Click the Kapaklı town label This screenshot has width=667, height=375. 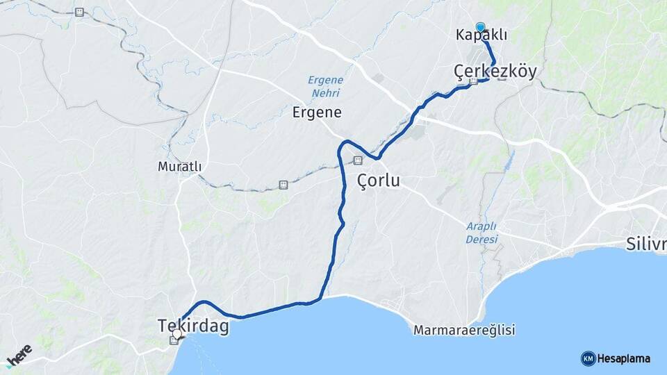pyautogui.click(x=481, y=35)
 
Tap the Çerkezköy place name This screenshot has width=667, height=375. pyautogui.click(x=495, y=71)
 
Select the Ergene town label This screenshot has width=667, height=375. pyautogui.click(x=316, y=112)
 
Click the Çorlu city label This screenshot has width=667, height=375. pyautogui.click(x=378, y=181)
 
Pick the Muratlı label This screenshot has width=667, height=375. pyautogui.click(x=179, y=167)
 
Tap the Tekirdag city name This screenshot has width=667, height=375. pyautogui.click(x=193, y=326)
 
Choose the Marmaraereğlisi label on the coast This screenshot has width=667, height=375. pyautogui.click(x=464, y=331)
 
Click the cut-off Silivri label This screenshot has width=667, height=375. pyautogui.click(x=645, y=244)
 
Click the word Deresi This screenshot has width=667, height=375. pyautogui.click(x=481, y=240)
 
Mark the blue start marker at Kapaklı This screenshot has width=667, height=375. pyautogui.click(x=480, y=26)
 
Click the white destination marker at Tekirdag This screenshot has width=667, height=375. pyautogui.click(x=177, y=333)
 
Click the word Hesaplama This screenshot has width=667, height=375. pyautogui.click(x=624, y=358)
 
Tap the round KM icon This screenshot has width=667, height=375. pyautogui.click(x=588, y=358)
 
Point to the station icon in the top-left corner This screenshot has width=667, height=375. pyautogui.click(x=80, y=12)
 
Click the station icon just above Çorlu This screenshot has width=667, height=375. pyautogui.click(x=357, y=160)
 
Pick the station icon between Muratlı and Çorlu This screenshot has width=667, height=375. pyautogui.click(x=283, y=184)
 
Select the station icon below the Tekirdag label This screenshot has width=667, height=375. pyautogui.click(x=174, y=340)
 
